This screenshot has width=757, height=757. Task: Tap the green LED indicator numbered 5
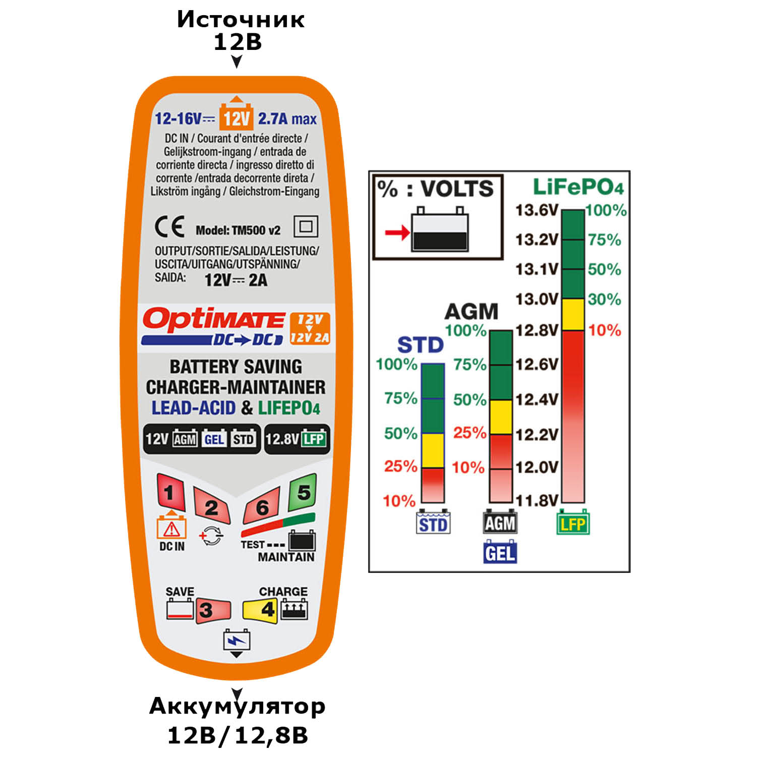303,492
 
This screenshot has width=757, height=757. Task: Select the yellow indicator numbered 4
260,609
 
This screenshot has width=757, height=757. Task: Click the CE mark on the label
169,227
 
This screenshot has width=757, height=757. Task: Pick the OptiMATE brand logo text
213,320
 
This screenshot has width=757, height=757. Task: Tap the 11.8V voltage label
537,500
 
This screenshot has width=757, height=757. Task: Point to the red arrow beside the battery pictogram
397,232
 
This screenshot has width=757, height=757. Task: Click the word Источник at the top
240,20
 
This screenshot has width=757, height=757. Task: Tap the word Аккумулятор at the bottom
237,706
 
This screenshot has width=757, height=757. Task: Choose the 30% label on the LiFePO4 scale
604,299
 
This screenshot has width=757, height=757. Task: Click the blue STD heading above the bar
420,345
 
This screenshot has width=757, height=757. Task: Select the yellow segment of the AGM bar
501,417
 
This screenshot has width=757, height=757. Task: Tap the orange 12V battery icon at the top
236,115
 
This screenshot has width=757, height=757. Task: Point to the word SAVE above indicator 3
180,591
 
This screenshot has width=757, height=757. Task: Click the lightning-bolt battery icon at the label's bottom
236,642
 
